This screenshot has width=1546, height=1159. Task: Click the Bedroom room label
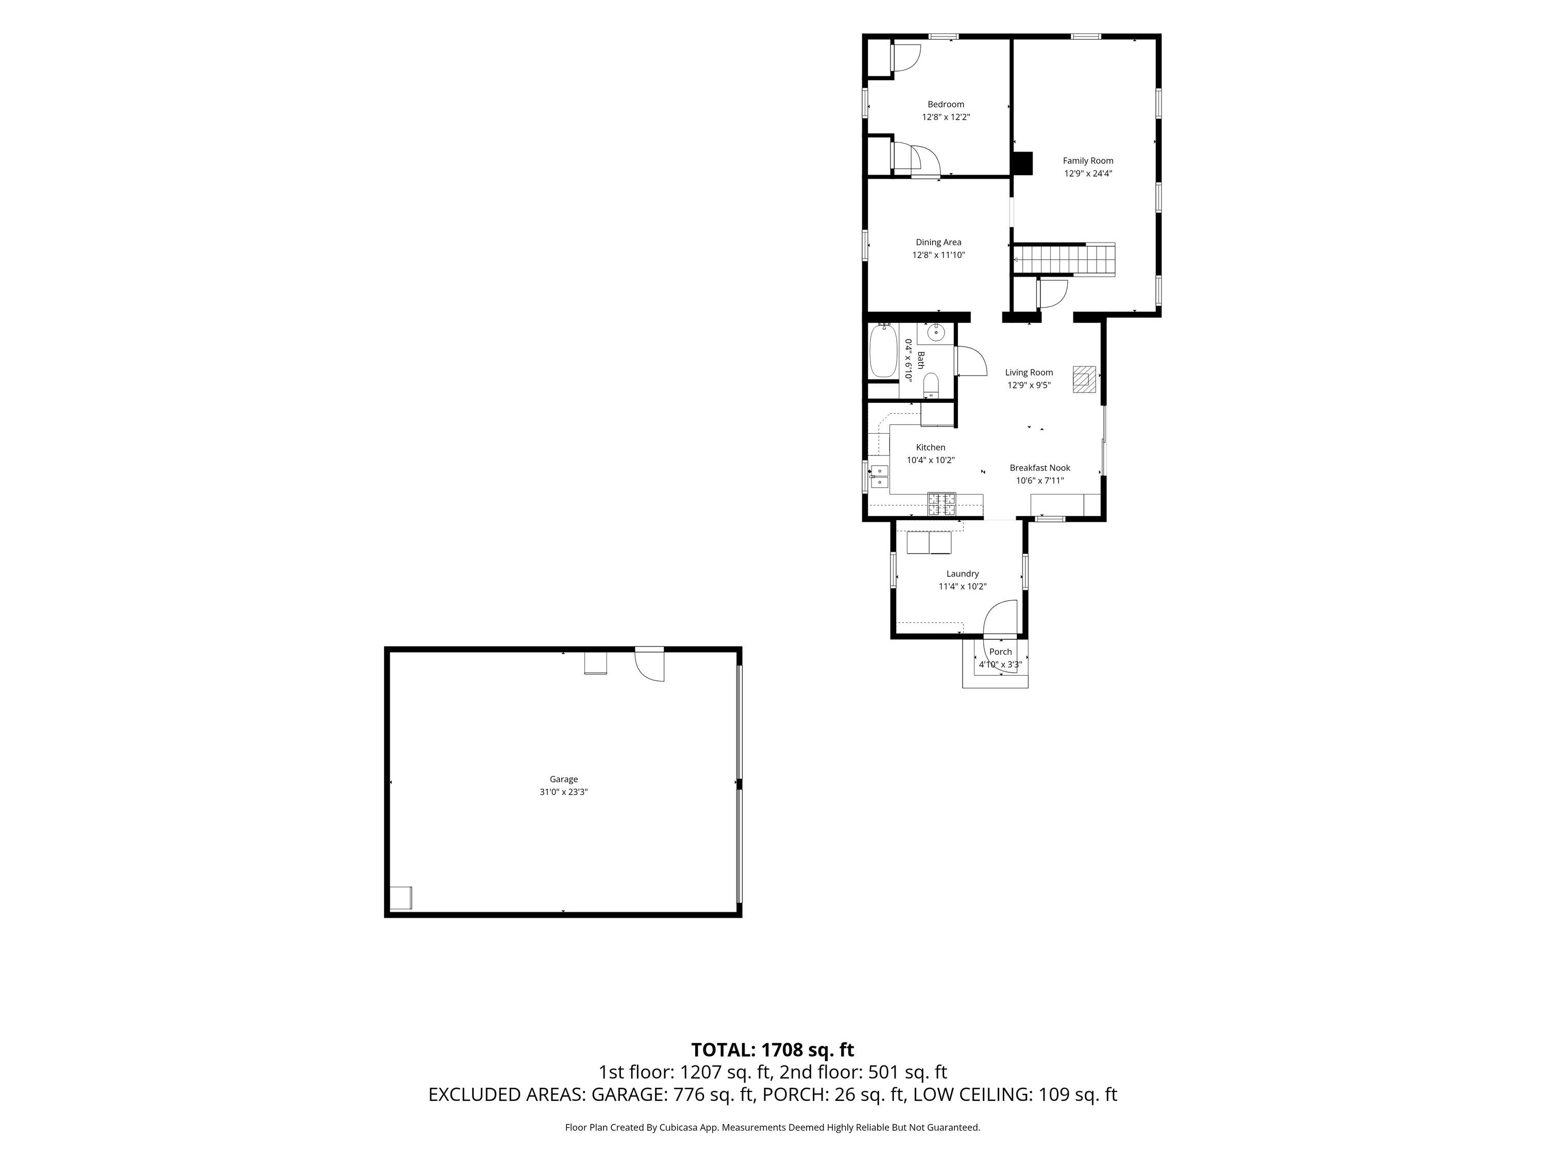[x=946, y=105]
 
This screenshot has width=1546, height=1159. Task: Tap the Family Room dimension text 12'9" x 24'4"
[x=1088, y=173]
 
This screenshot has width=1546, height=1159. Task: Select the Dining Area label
[x=938, y=243]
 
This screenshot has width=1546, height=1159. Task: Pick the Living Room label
[x=1029, y=372]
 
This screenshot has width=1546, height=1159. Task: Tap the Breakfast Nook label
[x=1040, y=468]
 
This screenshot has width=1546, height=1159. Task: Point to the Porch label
[x=1000, y=652]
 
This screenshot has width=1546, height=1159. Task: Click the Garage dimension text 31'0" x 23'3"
[x=563, y=792]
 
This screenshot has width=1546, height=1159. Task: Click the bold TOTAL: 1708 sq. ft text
[x=772, y=1050]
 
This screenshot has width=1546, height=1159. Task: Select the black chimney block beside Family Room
[x=1022, y=163]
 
